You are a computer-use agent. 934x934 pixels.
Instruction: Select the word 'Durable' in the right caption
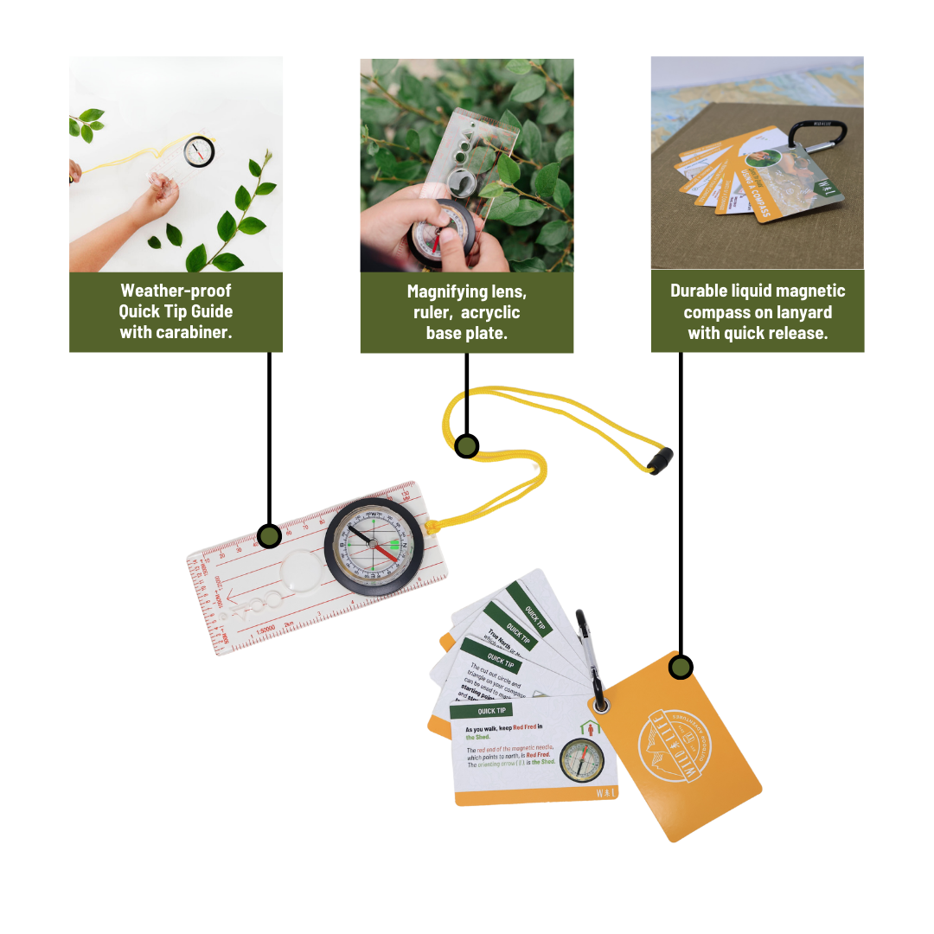702,291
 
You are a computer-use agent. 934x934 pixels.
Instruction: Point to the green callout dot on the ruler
270,535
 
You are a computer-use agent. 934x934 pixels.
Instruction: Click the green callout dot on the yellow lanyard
467,445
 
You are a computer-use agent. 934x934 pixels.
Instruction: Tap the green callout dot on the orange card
681,667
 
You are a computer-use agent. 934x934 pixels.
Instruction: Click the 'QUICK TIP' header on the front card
493,711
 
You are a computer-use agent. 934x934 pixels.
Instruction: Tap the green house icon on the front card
594,728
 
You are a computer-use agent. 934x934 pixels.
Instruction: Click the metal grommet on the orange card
601,704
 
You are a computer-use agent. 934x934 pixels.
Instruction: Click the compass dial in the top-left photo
199,151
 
